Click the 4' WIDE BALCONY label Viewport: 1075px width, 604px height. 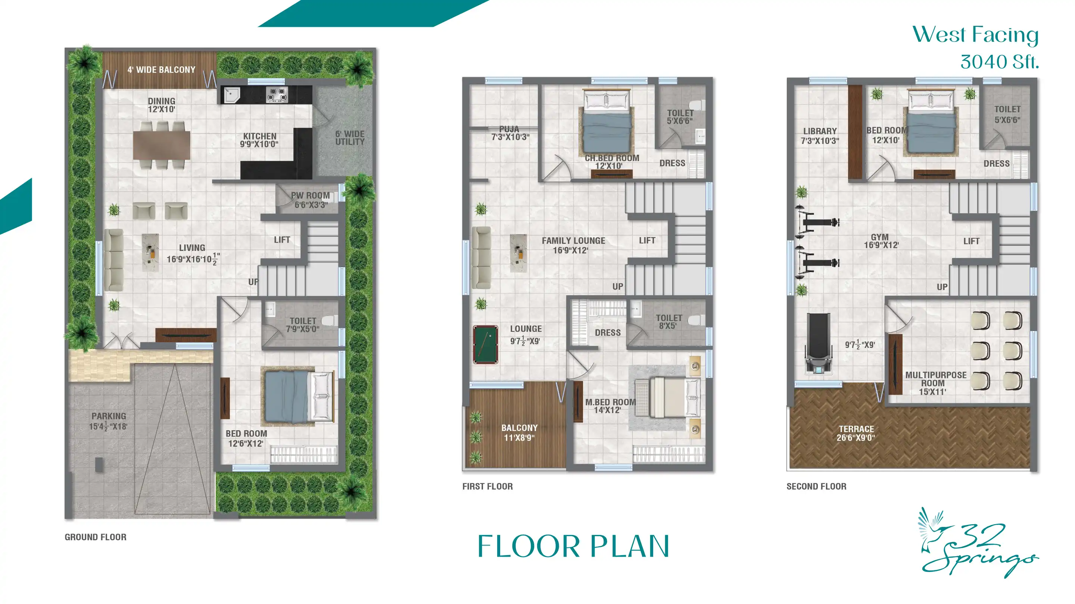point(161,70)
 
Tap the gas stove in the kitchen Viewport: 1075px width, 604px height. point(277,95)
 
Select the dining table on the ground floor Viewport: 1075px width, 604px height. point(162,145)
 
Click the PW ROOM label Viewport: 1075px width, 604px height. point(310,195)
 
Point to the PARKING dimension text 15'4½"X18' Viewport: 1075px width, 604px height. point(108,427)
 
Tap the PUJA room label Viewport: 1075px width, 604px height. point(509,129)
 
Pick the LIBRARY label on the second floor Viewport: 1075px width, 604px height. point(820,131)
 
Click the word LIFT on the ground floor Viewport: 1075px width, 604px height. point(282,240)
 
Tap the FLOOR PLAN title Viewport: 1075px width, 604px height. point(573,546)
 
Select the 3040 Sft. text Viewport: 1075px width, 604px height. point(1000,62)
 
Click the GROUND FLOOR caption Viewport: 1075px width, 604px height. point(95,537)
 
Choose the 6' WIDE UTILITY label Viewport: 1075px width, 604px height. point(350,138)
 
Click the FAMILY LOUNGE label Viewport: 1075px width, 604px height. point(573,241)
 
